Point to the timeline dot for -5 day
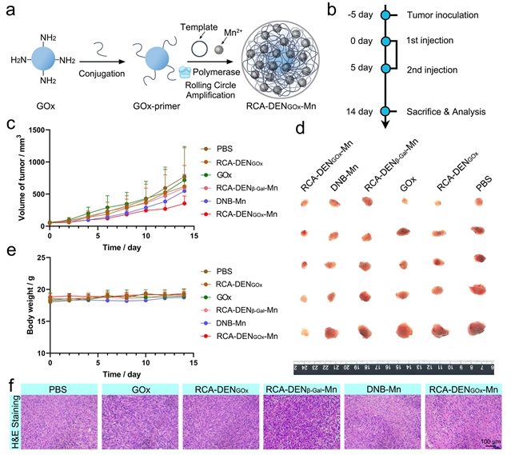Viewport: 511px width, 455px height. [x=384, y=14]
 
